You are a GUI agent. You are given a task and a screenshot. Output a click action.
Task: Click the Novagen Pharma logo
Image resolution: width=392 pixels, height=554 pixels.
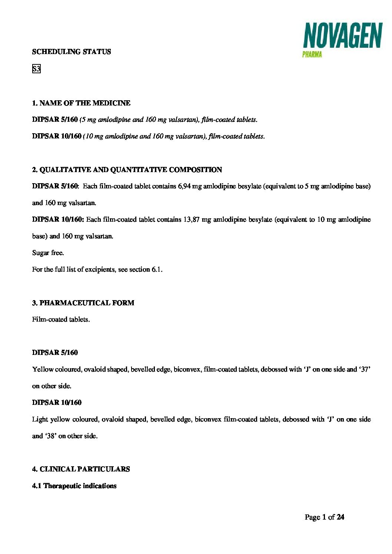(343, 40)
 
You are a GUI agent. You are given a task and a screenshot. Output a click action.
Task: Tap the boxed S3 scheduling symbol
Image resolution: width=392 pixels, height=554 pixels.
(36, 69)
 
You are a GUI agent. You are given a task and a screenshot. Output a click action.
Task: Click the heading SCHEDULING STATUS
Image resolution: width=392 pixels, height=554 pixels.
(72, 52)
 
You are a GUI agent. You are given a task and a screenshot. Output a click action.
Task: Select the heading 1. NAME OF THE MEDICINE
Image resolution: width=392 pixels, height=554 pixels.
(81, 103)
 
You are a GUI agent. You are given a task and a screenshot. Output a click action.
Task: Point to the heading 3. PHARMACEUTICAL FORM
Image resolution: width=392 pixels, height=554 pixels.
(83, 303)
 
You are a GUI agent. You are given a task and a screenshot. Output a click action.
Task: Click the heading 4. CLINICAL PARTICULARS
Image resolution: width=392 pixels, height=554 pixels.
(81, 469)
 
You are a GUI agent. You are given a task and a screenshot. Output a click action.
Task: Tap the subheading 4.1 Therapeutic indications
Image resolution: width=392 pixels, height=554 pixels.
(74, 486)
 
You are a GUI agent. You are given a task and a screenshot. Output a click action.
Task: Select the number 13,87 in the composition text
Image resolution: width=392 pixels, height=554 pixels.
(192, 219)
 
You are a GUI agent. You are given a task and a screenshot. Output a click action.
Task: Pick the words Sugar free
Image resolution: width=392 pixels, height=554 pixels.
(48, 253)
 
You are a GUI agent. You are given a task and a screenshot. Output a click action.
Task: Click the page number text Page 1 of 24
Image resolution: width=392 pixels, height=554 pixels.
(324, 517)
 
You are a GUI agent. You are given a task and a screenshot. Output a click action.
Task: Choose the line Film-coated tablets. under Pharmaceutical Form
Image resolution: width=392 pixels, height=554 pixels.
(61, 319)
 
